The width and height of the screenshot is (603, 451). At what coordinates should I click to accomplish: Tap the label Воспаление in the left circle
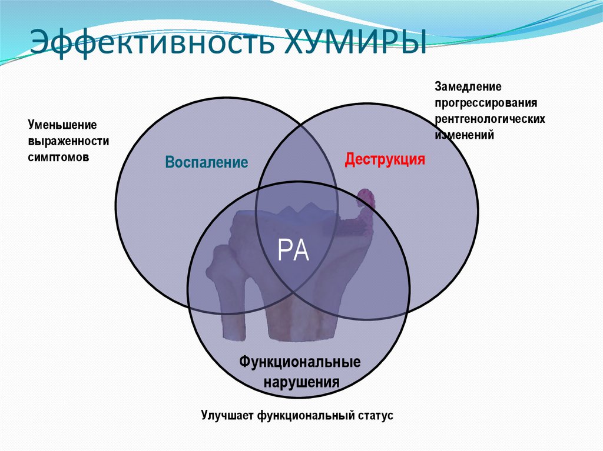point(206,162)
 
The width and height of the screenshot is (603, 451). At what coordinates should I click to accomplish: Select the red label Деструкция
point(385,159)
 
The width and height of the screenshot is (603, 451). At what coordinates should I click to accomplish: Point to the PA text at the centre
point(293,252)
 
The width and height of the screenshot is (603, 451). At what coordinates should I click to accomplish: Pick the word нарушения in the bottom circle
point(301,381)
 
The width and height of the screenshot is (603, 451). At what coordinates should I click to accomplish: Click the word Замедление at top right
point(468,87)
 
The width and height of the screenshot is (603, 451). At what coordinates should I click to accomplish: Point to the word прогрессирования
point(486,103)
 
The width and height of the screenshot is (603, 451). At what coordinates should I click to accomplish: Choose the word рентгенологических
point(490,119)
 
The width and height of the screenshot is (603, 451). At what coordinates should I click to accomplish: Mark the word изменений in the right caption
point(464,135)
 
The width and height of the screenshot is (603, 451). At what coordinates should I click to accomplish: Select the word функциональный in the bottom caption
point(305,416)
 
